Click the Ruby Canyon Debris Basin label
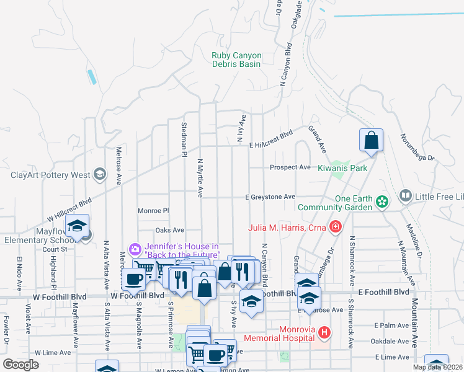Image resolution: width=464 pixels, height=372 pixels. pos(236,60)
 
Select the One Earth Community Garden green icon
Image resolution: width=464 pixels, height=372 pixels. pos(383,200)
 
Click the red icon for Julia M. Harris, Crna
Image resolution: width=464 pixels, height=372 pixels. pos(336,227)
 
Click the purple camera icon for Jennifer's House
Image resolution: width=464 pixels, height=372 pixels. pos(135,249)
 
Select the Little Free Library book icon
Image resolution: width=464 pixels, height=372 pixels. pos(406,197)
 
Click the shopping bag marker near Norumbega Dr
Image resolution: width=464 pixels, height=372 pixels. pos(371,141)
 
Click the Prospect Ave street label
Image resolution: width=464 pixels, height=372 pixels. pos(290,167)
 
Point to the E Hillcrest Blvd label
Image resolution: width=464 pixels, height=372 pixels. pos(270,139)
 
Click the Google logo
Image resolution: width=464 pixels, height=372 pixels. pos(20,364)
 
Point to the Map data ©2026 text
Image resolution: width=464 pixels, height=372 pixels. pos(438,367)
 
